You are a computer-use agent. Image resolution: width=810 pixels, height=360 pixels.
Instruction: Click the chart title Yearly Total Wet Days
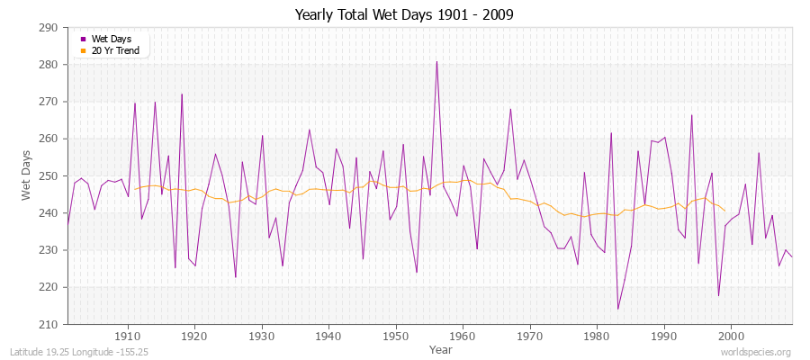tap(405, 15)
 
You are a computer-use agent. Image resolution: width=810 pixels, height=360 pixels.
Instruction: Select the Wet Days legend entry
tap(110, 39)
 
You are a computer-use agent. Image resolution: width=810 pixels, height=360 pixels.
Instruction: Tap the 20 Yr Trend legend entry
tap(114, 50)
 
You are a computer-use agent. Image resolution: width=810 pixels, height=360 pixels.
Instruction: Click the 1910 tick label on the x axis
tap(128, 336)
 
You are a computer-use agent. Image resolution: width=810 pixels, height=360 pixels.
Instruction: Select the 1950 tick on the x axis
tap(396, 336)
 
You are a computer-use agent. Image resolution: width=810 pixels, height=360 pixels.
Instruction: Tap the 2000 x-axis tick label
tap(731, 336)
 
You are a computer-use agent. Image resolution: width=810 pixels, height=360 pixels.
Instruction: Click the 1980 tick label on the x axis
tap(597, 336)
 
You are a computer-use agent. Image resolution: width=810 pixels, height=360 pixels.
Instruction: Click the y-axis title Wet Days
tap(26, 175)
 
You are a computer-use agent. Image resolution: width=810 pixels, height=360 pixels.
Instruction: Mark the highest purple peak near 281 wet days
tap(436, 62)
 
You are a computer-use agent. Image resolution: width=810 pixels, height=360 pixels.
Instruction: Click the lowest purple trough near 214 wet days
tap(617, 309)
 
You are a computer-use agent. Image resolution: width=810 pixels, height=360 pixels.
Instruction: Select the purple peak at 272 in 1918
tap(182, 94)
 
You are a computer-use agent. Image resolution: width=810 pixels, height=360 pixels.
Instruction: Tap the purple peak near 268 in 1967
tap(510, 110)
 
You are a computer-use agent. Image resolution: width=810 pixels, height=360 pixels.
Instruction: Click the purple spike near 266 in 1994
tap(691, 115)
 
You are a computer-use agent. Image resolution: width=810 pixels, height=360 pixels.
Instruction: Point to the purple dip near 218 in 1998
tap(718, 295)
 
